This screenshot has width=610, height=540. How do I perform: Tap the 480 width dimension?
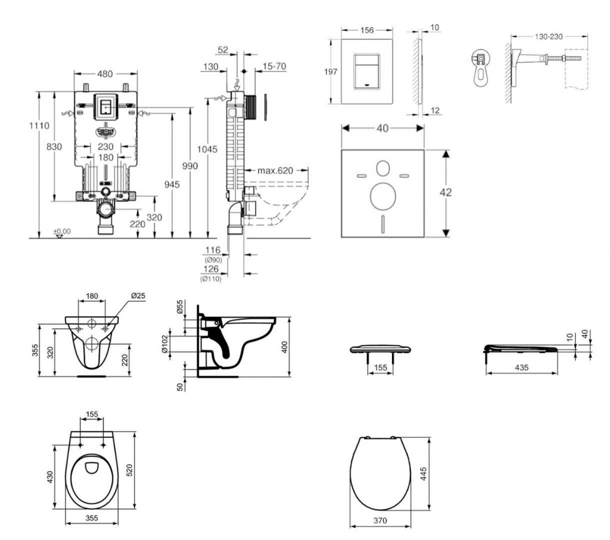pos(105,75)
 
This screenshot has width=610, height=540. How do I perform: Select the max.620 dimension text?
pos(275,170)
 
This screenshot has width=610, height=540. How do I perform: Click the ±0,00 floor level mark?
pos(61,231)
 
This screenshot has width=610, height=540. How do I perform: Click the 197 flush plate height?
pos(332,72)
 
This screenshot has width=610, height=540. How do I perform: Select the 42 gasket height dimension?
pos(445,192)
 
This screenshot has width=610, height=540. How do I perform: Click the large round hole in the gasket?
pos(382,195)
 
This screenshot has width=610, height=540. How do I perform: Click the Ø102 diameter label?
pos(165,344)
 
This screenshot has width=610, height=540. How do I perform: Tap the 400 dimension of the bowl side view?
pos(284,346)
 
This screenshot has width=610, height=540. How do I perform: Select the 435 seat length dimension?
pos(522,368)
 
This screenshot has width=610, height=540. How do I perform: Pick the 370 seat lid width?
pos(379,520)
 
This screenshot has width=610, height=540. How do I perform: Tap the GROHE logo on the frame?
pos(105,131)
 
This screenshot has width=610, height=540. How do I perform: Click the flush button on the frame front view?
pos(105,107)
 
